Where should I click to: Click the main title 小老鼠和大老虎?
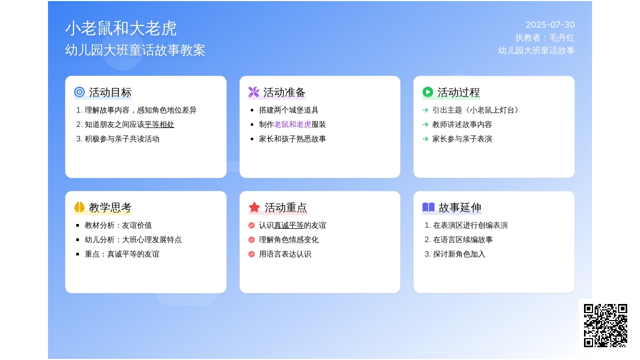[121, 28]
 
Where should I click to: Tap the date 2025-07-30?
[550, 25]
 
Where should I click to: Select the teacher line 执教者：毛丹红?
[545, 38]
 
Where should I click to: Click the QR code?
[605, 325]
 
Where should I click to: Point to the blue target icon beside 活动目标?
[79, 92]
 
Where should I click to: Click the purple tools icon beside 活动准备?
[254, 92]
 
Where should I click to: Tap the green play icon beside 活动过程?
[428, 92]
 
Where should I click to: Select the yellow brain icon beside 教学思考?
[79, 207]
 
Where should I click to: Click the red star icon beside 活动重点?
[254, 207]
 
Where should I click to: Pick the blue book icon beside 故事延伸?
[428, 207]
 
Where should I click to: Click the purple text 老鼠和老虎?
[293, 125]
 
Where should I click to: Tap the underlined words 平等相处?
[159, 125]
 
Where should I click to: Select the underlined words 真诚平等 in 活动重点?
[289, 226]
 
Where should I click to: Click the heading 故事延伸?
[460, 207]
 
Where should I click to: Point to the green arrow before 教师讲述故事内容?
[425, 125]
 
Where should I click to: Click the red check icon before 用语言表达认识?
[251, 254]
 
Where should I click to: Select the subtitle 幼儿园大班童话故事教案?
[135, 50]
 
